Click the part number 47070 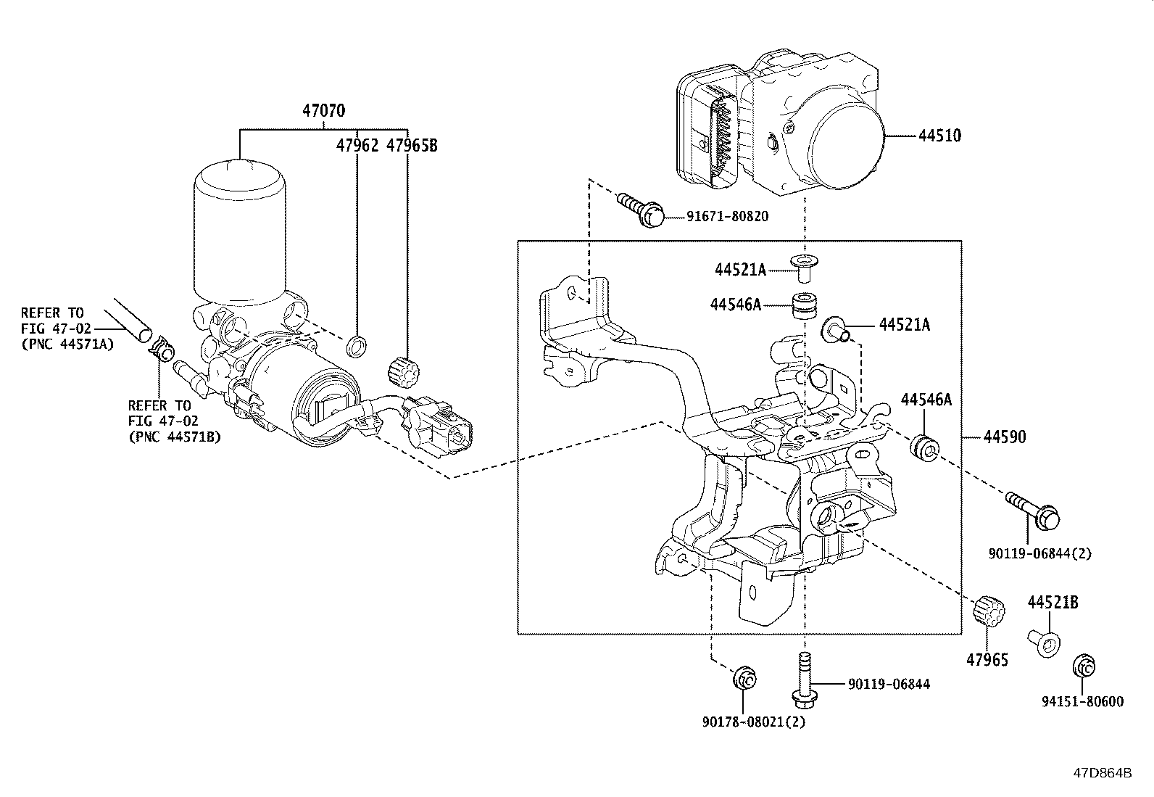pos(323,110)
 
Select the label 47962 pos(357,146)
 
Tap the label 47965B pos(412,146)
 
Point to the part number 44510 pos(940,136)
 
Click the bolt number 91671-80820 pos(728,216)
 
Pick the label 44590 pos(1005,437)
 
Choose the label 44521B pos(1053,602)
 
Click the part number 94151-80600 pos(1082,701)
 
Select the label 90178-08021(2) pos(754,722)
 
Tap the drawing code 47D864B pos(1103,773)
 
